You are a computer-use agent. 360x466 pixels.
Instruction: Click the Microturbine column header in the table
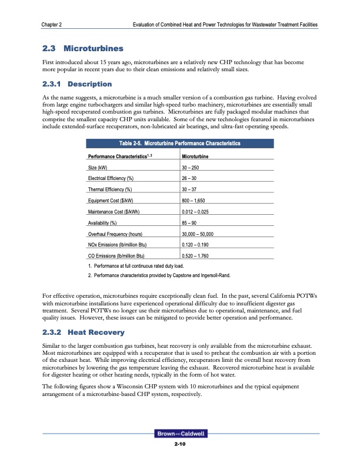(x=195, y=157)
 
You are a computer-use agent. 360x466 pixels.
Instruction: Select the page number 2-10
(x=179, y=444)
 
